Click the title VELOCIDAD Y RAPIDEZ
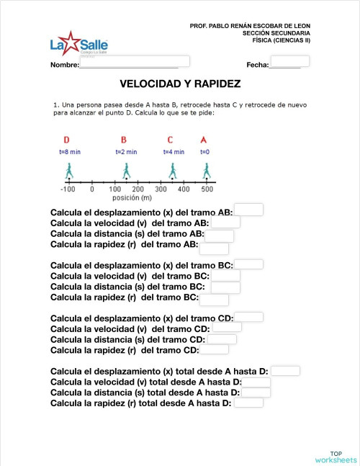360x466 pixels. tap(180, 84)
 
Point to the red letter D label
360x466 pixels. tap(66, 140)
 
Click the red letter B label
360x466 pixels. tap(124, 140)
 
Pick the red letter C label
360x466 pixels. tap(170, 140)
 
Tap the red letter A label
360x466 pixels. tap(204, 140)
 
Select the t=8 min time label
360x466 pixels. tap(70, 152)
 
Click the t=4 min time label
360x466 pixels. tap(174, 152)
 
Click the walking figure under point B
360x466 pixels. tap(127, 171)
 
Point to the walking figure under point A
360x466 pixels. tap(207, 171)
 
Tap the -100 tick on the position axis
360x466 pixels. tap(68, 189)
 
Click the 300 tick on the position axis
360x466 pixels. tap(161, 189)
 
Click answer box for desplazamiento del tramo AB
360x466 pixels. tap(248, 210)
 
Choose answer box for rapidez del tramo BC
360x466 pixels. tap(214, 300)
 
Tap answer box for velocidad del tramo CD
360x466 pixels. tap(227, 327)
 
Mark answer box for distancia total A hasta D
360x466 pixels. tap(256, 393)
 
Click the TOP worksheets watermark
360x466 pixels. tap(336, 454)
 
